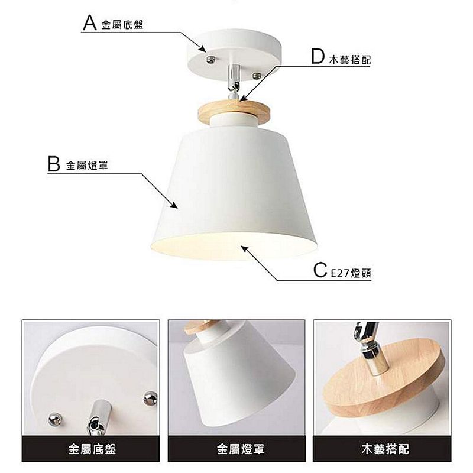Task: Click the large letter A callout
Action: (90, 22)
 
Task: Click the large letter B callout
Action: (54, 164)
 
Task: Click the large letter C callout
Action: (320, 270)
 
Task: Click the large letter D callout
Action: (318, 56)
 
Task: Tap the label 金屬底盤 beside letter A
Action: (122, 25)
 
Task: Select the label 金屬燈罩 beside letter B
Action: (87, 166)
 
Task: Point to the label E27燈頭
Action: (351, 273)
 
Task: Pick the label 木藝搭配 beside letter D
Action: (350, 60)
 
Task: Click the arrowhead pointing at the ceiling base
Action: (202, 48)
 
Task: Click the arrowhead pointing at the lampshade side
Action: (173, 205)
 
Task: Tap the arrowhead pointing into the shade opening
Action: (245, 250)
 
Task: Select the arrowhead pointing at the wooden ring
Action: (243, 98)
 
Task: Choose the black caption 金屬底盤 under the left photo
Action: (92, 449)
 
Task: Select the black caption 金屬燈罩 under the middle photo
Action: (241, 449)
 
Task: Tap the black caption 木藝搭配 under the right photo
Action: (385, 449)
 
